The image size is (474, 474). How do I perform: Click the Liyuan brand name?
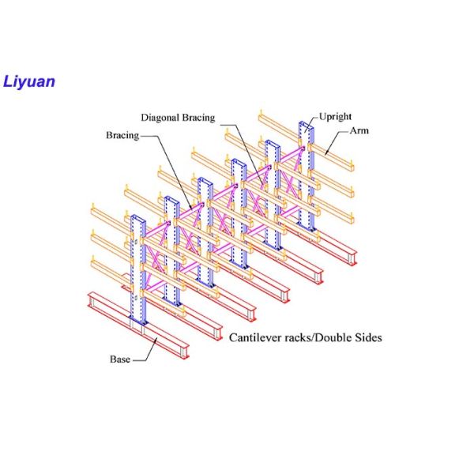[28, 81]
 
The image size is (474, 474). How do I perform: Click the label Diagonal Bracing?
[178, 118]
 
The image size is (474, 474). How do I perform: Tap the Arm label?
[359, 130]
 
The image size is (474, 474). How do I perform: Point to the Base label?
[120, 359]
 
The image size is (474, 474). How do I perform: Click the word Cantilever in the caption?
[254, 337]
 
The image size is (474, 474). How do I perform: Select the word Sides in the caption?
[367, 337]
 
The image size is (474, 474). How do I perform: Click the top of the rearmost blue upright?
[306, 125]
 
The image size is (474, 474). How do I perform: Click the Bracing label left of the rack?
[122, 135]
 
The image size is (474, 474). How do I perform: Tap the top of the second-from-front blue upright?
[171, 197]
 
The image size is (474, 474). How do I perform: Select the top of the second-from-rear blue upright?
[272, 142]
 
